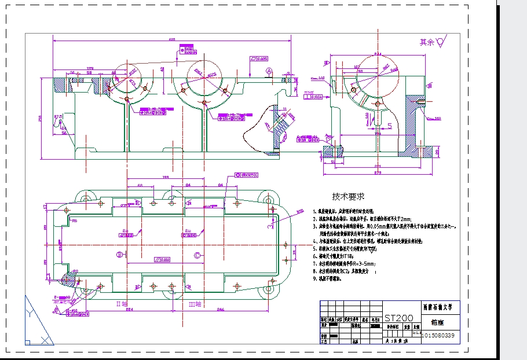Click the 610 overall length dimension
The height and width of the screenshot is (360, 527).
pos(172,39)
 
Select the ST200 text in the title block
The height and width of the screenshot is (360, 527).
pos(399,318)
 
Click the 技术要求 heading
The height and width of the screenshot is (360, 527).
pos(348,197)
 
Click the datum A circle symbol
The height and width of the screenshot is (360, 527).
pos(269,71)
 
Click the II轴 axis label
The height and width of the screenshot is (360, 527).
pos(122,303)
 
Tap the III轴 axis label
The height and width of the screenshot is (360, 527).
pos(195,303)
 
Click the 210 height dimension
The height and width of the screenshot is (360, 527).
pos(41,119)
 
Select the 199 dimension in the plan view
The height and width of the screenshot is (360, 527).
pos(165,177)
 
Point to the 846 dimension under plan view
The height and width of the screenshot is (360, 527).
pos(221,310)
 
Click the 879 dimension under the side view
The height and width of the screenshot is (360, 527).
pos(378,172)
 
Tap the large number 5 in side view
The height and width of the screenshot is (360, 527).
pos(390,125)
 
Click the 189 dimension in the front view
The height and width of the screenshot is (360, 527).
pos(90,68)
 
